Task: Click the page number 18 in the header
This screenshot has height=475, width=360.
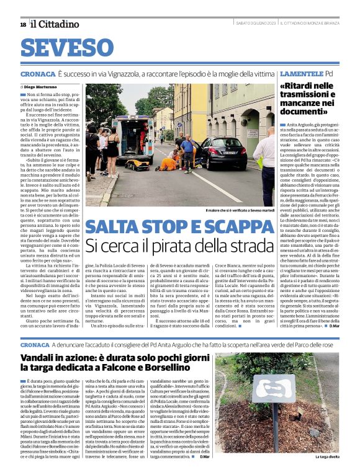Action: pyautogui.click(x=23, y=24)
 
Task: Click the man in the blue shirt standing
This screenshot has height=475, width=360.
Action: pyautogui.click(x=187, y=151)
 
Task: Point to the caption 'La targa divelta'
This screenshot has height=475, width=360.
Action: pyautogui.click(x=326, y=457)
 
